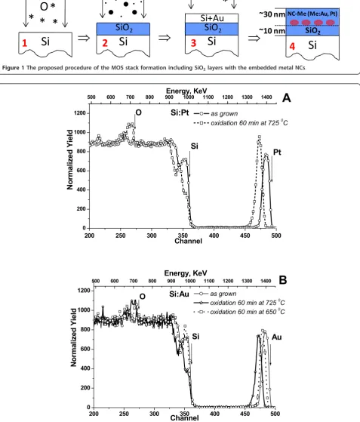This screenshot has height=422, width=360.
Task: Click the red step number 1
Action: click(24, 43)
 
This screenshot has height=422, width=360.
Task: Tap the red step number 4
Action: click(292, 46)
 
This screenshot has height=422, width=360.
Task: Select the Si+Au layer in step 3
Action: click(212, 18)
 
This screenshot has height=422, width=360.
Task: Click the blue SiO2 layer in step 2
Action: click(123, 29)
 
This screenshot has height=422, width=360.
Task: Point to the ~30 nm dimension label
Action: click(272, 14)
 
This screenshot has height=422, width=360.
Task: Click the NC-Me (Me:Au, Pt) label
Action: click(312, 14)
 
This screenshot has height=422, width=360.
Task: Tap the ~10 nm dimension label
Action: click(272, 31)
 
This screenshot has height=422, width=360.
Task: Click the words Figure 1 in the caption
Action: click(13, 68)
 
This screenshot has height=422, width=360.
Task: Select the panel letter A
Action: click(287, 97)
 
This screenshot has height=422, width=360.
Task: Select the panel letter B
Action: click(283, 280)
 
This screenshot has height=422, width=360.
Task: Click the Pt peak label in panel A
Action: click(277, 152)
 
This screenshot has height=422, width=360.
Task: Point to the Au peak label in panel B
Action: click(276, 337)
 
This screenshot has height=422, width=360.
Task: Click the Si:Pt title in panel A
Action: click(180, 112)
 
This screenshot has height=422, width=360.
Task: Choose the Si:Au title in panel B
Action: click(179, 294)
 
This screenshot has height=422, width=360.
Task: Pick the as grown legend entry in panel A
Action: click(216, 113)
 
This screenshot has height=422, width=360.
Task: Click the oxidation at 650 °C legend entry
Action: click(239, 312)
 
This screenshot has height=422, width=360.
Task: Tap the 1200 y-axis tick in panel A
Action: click(79, 113)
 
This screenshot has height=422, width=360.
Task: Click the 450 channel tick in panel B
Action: click(245, 414)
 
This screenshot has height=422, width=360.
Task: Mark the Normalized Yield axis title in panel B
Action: click(73, 337)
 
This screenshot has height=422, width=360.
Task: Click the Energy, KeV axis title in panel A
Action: click(186, 91)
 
